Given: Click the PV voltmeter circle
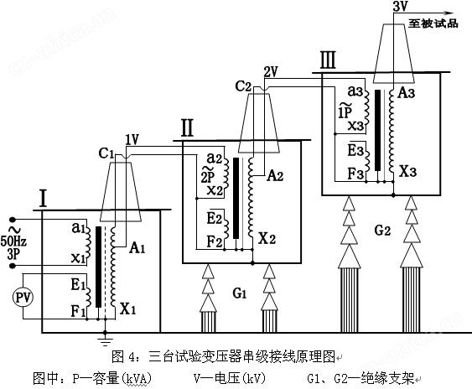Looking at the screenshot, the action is [23, 298].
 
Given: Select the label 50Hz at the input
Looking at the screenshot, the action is [13, 241].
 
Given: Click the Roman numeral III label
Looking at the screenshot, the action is [328, 60].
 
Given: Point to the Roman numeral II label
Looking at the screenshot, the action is [187, 128].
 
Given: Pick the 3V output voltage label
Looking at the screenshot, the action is [400, 6].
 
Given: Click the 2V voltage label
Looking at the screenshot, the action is [271, 71].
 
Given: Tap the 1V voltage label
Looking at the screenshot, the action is [132, 139].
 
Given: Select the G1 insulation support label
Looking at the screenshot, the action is [240, 293].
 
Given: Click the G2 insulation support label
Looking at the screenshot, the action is [382, 231].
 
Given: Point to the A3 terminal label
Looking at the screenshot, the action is [407, 93].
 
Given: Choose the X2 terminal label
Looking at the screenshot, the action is [267, 238].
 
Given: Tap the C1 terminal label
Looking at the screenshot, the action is [106, 153].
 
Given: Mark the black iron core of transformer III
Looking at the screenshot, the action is [377, 131].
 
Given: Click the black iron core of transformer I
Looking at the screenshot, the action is [98, 267].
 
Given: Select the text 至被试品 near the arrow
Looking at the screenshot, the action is [433, 23].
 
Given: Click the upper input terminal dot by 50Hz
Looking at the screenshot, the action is [13, 219].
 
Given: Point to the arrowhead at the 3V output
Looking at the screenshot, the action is [449, 13].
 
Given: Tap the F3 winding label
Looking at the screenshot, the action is [356, 174].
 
